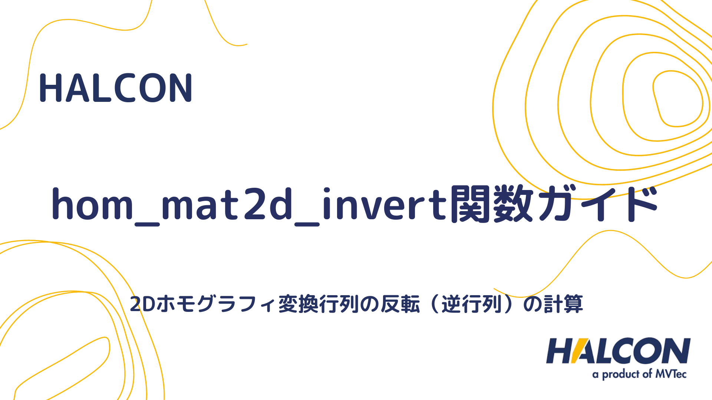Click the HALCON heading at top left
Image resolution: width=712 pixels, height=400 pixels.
tap(116, 88)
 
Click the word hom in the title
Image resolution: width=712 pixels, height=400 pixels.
tap(92, 204)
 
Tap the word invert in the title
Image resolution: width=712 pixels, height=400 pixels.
tap(386, 204)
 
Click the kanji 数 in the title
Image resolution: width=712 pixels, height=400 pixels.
tap(514, 204)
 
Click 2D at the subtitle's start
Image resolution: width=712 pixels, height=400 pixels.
tap(142, 304)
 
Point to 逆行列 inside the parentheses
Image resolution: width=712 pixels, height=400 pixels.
tap(471, 304)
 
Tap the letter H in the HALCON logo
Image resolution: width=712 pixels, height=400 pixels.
tap(559, 351)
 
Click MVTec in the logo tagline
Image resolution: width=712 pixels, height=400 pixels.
tap(671, 374)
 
